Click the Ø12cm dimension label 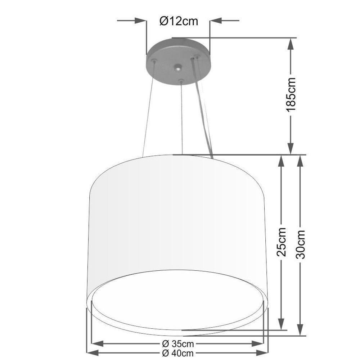179,22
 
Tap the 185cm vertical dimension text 291,94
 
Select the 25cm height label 282,242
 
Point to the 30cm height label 300,244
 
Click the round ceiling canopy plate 178,61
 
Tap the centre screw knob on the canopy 178,67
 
